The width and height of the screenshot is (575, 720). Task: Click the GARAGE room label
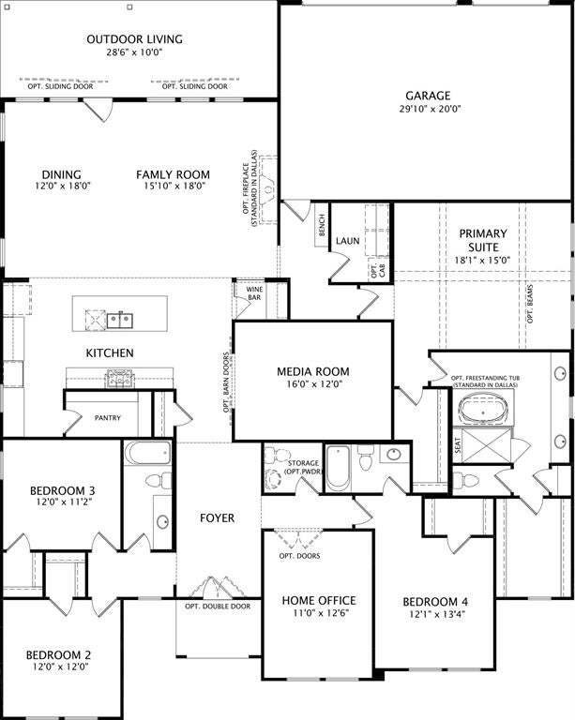428,96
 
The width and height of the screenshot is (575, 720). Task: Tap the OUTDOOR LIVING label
134,39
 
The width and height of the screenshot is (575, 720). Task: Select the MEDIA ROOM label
313,371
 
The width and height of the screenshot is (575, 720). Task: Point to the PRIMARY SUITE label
483,240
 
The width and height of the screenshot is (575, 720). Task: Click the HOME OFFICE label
319,601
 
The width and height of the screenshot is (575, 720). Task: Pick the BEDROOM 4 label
436,602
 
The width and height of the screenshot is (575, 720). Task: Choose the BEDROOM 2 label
58,654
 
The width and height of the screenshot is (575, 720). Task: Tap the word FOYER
218,517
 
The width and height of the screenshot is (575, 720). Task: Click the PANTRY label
108,418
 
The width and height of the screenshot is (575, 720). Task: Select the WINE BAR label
254,293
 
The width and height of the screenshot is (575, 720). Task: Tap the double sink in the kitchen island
120,320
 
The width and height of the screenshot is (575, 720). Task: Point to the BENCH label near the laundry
322,225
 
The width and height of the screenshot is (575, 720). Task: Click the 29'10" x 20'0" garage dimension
430,109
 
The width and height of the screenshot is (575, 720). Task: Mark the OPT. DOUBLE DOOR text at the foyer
218,607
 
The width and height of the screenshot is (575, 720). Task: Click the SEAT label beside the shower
458,445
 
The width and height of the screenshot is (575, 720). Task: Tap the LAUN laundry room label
348,241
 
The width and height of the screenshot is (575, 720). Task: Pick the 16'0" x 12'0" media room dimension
312,383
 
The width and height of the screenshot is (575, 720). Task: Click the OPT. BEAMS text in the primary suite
530,304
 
